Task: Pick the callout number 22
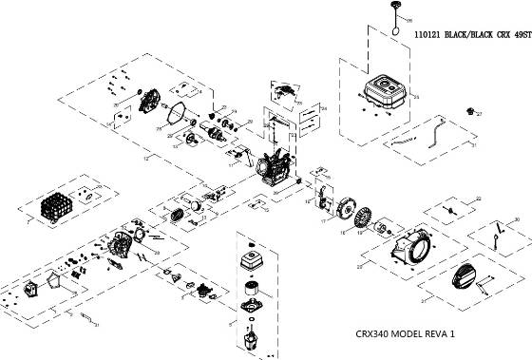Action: (x=480, y=198)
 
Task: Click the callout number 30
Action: (x=516, y=220)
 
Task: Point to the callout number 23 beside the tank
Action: (x=414, y=96)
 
